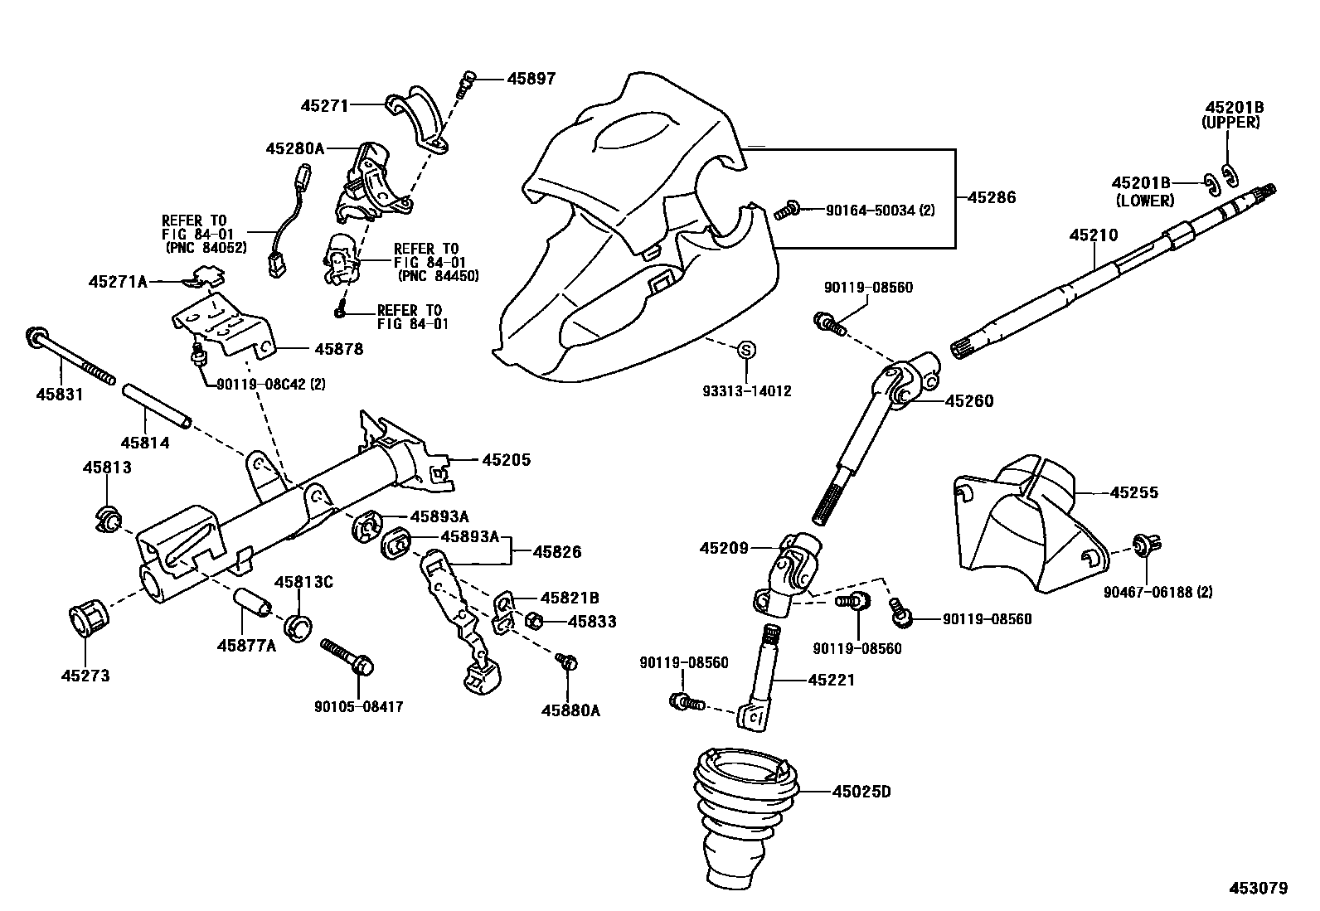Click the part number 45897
pos(531,79)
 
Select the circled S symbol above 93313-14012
pos(745,351)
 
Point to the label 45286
pos(991,197)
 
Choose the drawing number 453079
pos(1258,888)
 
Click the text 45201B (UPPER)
pos(1233,114)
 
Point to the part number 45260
pos(968,401)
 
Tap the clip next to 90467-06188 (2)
pos(1147,545)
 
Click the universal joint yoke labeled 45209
pos(792,572)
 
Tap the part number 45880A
pos(570,710)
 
